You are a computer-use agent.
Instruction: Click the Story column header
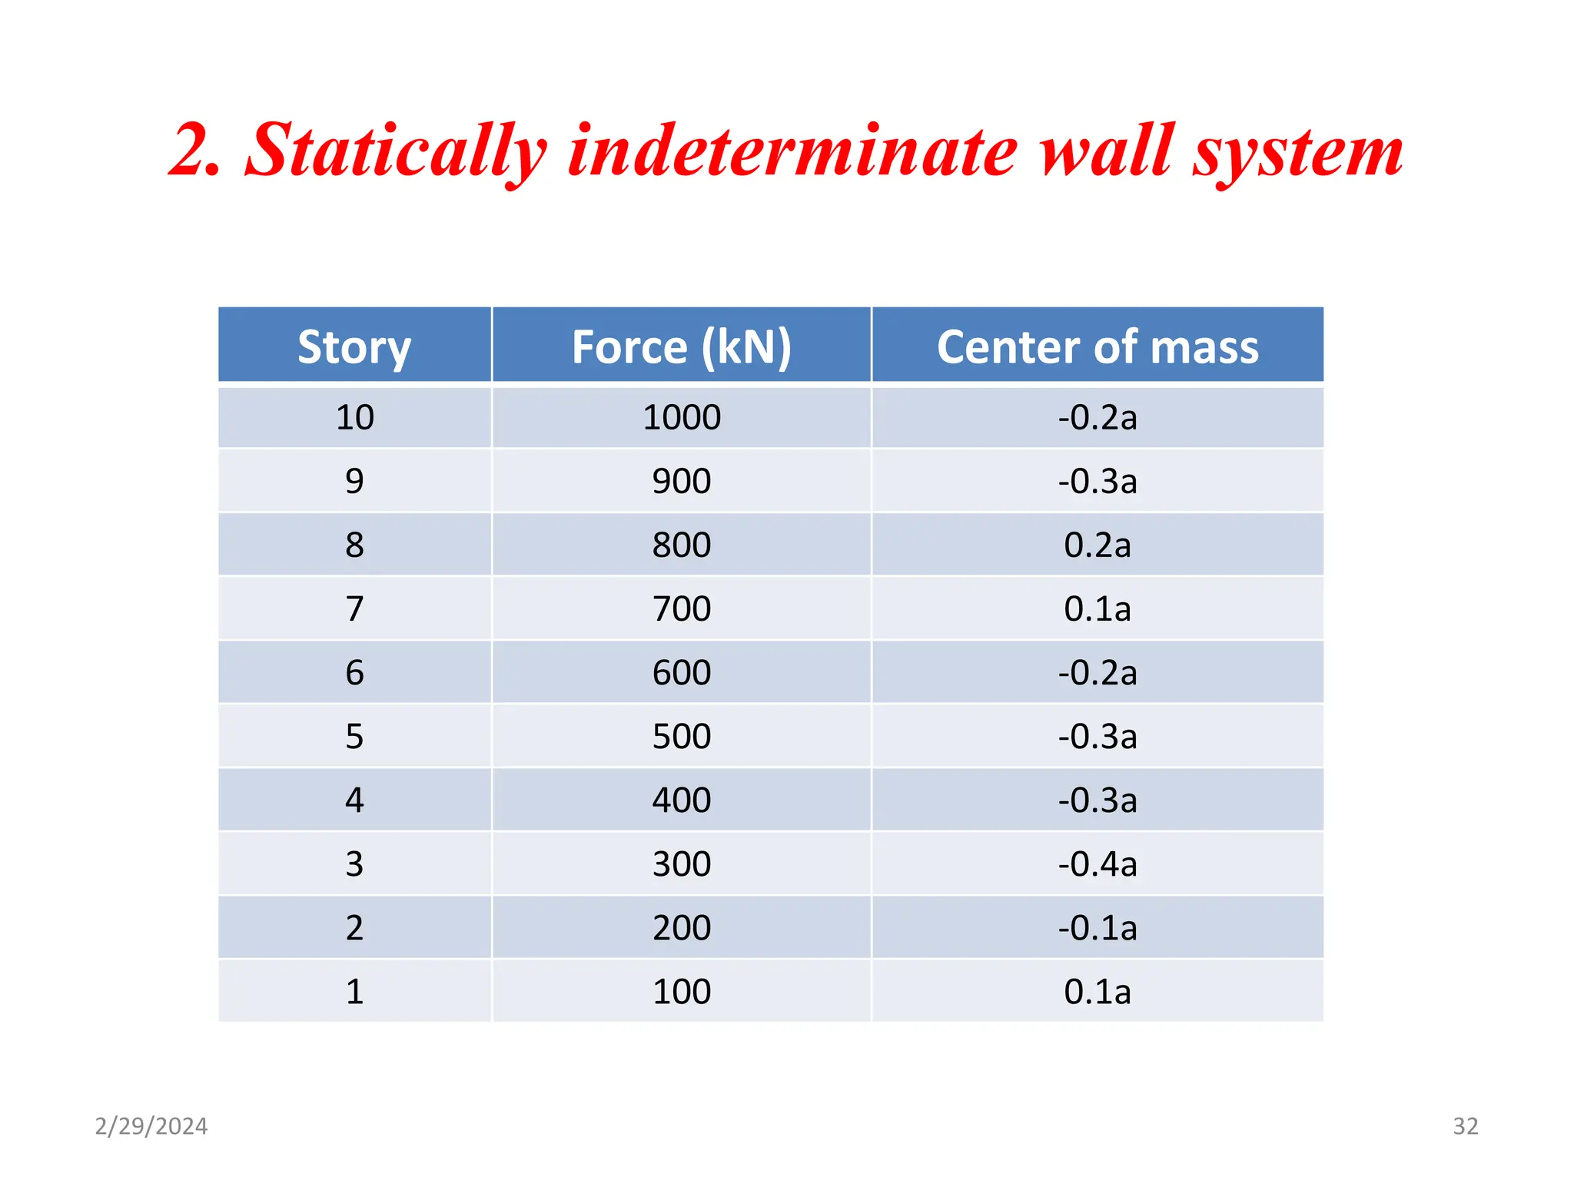354,346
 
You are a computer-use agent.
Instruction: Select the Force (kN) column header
681,346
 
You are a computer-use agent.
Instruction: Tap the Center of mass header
1097,346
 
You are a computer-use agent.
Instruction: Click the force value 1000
681,418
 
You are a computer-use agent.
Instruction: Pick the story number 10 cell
354,418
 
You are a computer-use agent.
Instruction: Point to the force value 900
681,482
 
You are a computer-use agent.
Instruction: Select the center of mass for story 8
1097,545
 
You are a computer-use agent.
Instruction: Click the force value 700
681,609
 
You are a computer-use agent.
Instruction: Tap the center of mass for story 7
1097,609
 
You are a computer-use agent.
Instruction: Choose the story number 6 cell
354,673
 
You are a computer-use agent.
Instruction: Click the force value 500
681,737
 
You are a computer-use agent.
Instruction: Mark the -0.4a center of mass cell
1097,864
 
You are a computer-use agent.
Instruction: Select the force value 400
681,800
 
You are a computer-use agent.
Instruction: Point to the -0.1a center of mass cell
1097,928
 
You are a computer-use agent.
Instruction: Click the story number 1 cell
354,992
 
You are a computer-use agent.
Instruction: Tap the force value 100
681,992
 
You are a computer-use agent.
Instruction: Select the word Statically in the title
395,151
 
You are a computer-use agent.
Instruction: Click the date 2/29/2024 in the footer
151,1126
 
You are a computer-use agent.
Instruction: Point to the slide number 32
1465,1126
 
